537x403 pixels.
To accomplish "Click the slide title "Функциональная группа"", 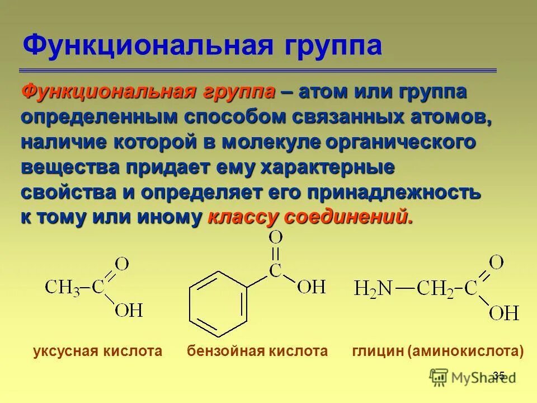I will (x=201, y=45).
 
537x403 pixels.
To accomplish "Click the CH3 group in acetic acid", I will (x=62, y=289).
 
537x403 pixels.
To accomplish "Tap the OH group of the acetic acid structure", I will (x=129, y=310).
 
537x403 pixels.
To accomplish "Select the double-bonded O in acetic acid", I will (x=122, y=263).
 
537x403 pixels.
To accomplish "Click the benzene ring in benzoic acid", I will (x=218, y=302).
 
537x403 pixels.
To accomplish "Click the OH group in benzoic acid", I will (x=311, y=288).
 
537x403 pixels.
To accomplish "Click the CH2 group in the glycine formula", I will (x=435, y=289).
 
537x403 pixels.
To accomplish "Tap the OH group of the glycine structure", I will (x=503, y=312).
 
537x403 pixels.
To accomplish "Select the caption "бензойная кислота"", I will (x=257, y=352).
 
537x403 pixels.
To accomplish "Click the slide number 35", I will (x=499, y=376).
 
